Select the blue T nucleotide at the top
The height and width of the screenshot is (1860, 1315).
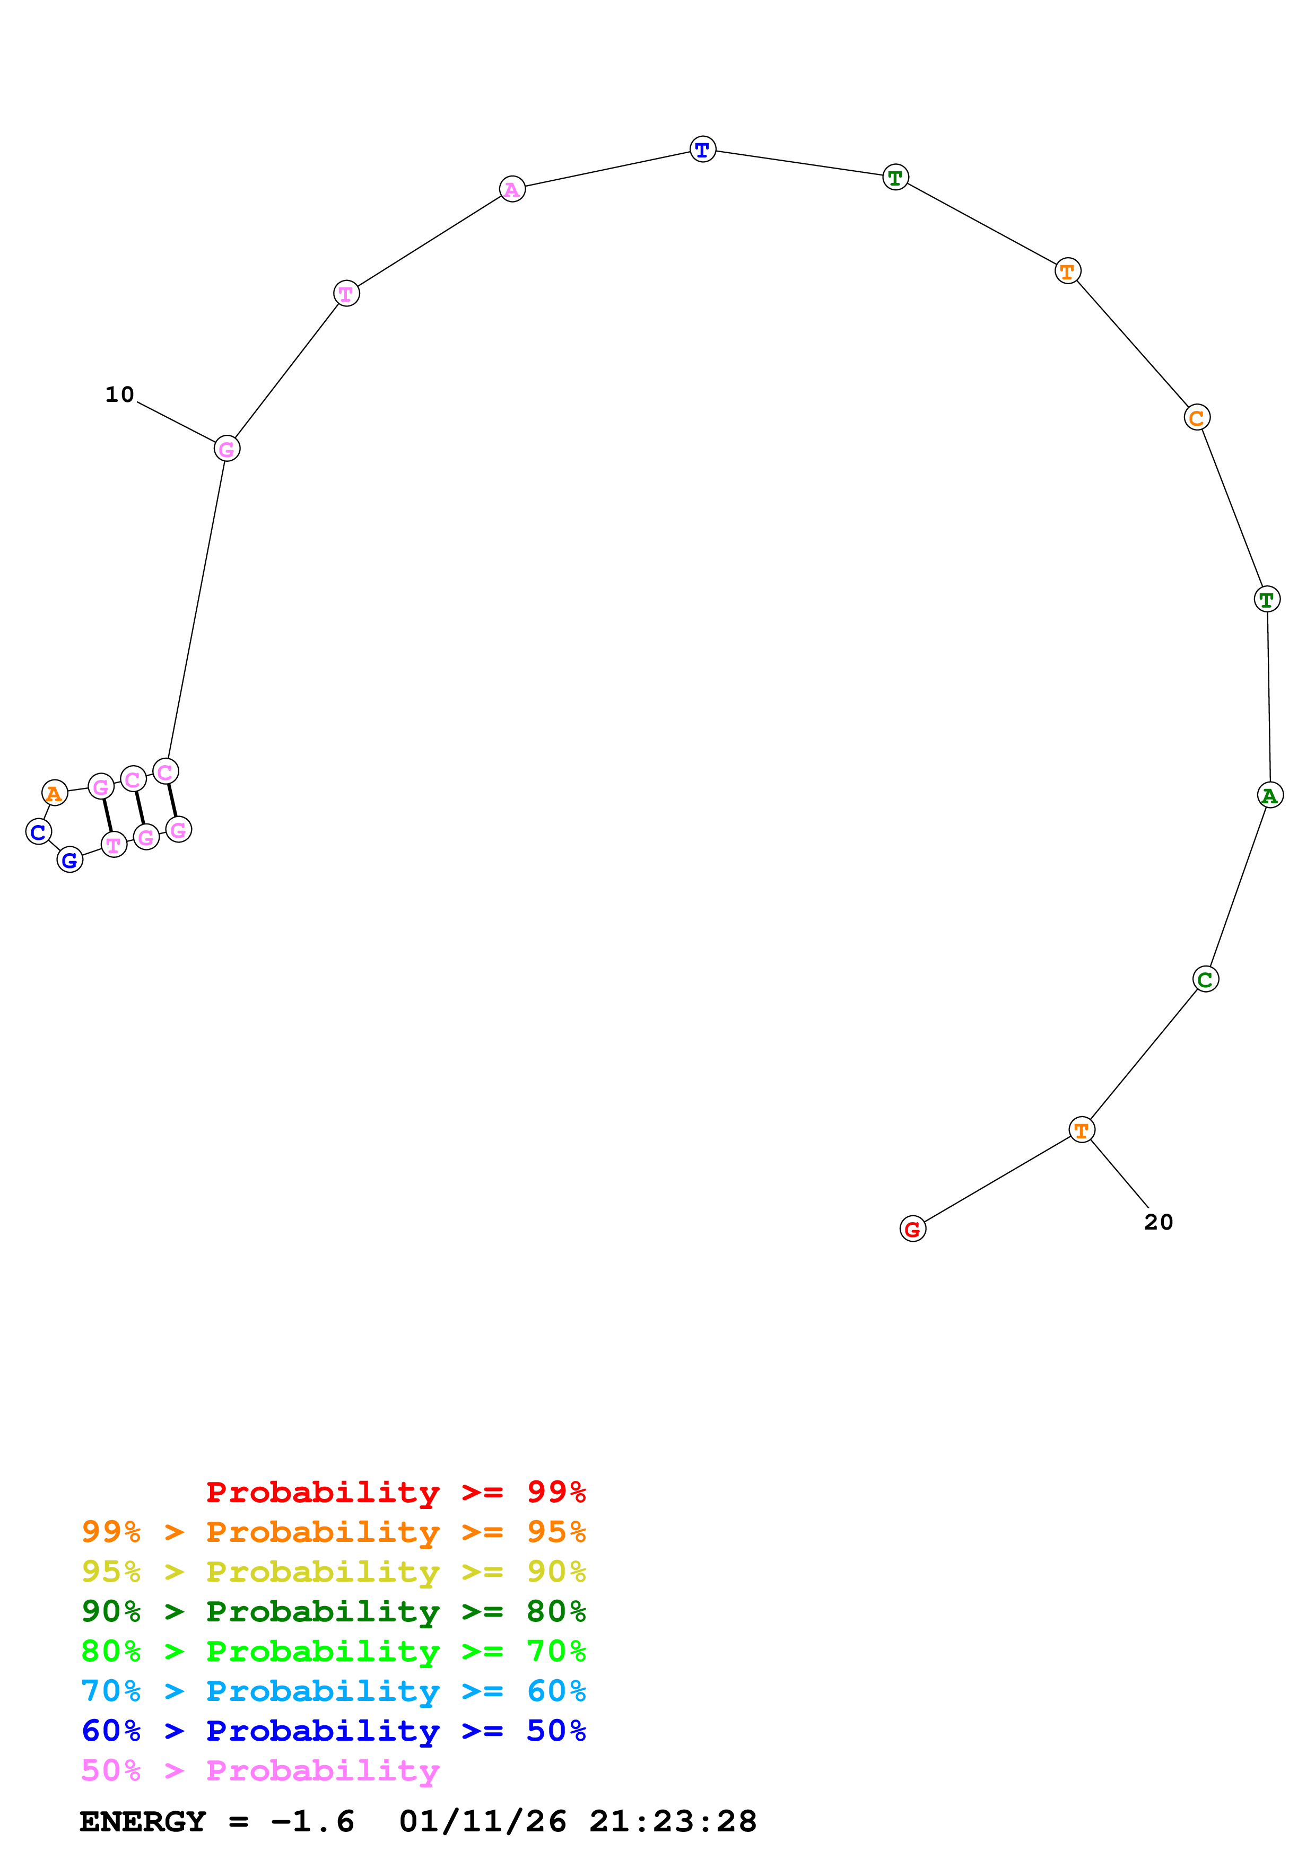pos(702,149)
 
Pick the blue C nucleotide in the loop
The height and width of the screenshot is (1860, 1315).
pos(38,831)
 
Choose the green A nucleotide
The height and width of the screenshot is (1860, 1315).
pos(1269,795)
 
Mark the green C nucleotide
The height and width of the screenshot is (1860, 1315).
pos(1206,979)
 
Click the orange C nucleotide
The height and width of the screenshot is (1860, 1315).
pos(1197,417)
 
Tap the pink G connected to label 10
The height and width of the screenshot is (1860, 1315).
pos(227,448)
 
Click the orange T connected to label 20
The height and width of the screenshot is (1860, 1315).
pos(1082,1129)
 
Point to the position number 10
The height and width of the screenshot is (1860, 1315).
pos(119,394)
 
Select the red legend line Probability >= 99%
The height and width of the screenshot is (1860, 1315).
pos(395,1491)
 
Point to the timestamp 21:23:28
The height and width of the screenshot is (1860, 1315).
pos(673,1821)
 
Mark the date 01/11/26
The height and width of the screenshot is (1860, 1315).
pos(483,1821)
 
